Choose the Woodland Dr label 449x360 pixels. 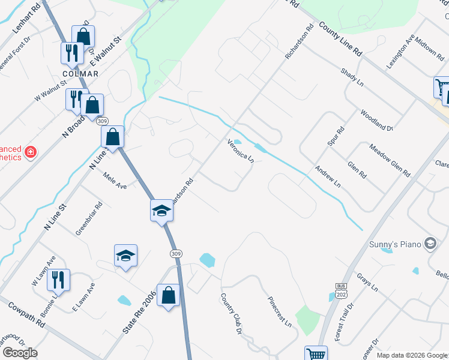376,120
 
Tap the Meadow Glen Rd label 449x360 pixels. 390,160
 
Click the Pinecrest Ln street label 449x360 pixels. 280,312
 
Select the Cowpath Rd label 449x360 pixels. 26,314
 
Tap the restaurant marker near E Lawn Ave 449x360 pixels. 59,280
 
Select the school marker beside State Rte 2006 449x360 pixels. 126,256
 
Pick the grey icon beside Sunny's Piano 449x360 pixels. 430,242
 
